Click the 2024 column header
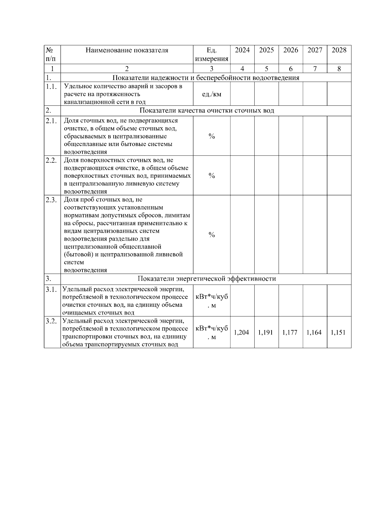coord(242,50)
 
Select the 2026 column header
coord(291,50)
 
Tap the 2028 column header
coord(339,50)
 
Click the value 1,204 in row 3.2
coord(242,332)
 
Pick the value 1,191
coord(266,332)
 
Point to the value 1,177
coord(290,332)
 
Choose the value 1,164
coord(314,332)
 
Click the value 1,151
coord(338,332)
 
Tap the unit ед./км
coord(212,94)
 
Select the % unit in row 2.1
coord(212,136)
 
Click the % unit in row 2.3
coord(212,235)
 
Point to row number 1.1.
coord(51,87)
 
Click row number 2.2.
coord(51,160)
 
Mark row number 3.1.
coord(51,290)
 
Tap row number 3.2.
coord(51,321)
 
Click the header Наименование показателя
coord(127,50)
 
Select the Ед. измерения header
coord(212,54)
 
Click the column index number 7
coord(315,69)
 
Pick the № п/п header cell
coord(52,54)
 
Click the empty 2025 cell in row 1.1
coord(266,94)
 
